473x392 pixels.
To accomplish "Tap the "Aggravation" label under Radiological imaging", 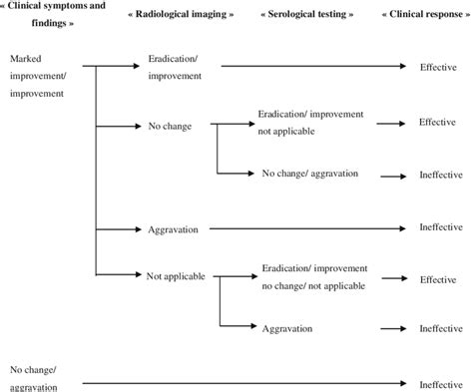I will click(x=173, y=229).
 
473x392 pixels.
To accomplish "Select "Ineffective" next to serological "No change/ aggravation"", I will click(x=441, y=175).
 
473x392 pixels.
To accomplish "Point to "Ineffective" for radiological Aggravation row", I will click(x=441, y=228).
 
